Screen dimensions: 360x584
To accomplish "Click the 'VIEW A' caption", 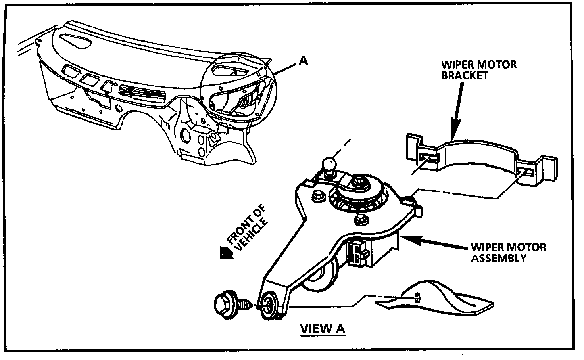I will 323,329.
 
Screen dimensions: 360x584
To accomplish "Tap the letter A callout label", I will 303,60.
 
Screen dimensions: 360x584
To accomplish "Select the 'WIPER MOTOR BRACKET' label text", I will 479,69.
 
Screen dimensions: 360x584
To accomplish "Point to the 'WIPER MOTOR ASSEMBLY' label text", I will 508,253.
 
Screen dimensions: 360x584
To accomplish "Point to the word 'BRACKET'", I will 465,75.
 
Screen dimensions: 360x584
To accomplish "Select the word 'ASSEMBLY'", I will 498,258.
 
